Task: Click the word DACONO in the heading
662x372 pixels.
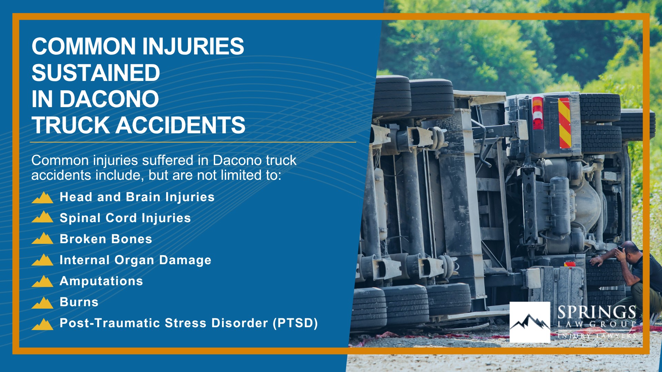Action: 109,99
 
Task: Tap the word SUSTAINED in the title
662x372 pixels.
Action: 96,73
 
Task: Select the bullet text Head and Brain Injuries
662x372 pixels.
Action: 137,197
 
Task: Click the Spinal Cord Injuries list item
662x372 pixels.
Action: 125,218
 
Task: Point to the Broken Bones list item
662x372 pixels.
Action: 106,239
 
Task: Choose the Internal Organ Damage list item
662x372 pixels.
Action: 136,260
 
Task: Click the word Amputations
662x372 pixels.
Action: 101,281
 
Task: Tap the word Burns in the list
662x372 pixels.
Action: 79,302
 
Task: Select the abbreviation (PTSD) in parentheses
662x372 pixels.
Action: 295,323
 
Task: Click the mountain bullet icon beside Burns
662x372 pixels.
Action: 42,303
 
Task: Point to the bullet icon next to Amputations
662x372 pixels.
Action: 42,281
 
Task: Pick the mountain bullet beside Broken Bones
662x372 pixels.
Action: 42,238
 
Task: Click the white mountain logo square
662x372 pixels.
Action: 530,322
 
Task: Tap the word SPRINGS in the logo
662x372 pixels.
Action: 597,312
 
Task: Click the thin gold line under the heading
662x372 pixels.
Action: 193,142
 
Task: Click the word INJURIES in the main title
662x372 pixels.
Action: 193,46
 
